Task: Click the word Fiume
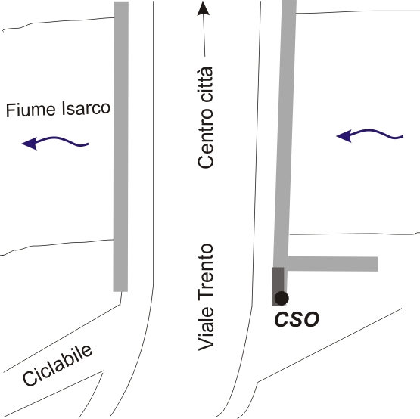click(x=31, y=109)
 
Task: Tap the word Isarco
click(x=86, y=108)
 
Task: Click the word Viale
click(x=205, y=328)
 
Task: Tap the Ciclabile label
click(x=58, y=365)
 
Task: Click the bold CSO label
click(x=297, y=319)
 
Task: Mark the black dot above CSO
click(x=282, y=298)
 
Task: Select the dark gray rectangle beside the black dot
click(x=278, y=286)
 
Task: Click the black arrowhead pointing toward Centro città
click(x=204, y=8)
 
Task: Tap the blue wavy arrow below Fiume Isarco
click(x=55, y=142)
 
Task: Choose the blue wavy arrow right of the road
click(x=369, y=135)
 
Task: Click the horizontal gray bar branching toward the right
click(x=332, y=264)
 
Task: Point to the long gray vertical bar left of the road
click(x=121, y=147)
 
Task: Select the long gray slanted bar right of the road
click(x=285, y=134)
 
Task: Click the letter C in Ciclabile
click(x=30, y=378)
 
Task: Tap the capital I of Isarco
click(x=64, y=108)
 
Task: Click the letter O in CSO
click(x=312, y=319)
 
